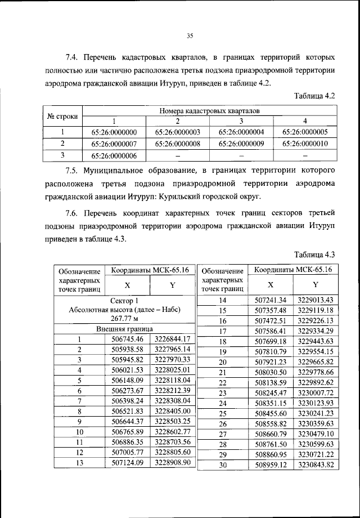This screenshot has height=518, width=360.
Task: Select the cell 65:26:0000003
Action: (x=177, y=132)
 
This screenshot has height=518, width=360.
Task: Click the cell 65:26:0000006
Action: (x=114, y=155)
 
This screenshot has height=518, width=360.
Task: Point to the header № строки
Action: (x=62, y=116)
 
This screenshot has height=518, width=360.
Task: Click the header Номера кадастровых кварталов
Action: (x=209, y=111)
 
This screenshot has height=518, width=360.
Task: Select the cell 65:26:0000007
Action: (x=114, y=144)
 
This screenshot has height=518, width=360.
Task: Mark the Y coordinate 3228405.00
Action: (x=173, y=411)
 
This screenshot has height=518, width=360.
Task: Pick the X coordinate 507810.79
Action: (x=271, y=351)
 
